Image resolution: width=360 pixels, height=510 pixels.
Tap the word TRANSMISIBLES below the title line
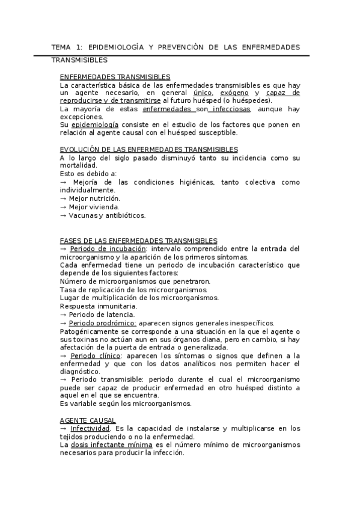click(x=79, y=60)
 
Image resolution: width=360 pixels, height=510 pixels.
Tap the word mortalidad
click(x=78, y=165)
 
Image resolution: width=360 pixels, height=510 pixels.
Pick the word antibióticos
click(x=124, y=215)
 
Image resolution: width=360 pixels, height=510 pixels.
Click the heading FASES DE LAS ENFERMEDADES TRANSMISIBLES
click(x=139, y=240)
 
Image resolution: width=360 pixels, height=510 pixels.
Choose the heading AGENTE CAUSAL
click(x=88, y=420)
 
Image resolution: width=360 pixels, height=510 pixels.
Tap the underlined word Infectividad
click(x=90, y=428)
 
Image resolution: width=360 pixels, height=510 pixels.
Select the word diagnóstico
click(x=82, y=372)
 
